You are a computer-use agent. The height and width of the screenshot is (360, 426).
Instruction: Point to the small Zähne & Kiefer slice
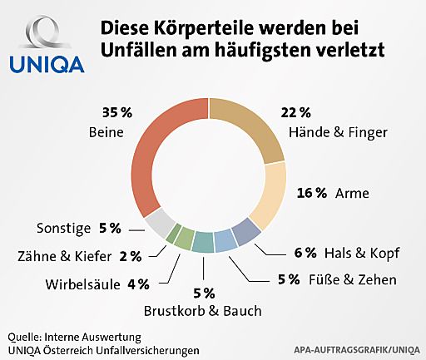pyautogui.click(x=173, y=236)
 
